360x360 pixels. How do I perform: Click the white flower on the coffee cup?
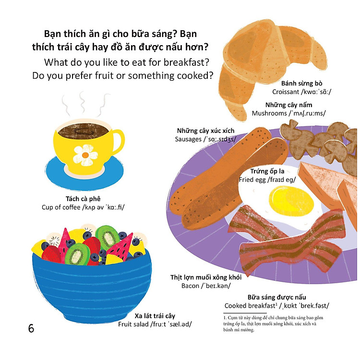tap(85, 155)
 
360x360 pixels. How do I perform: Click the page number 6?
tap(31, 328)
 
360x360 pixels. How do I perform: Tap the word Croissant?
tap(286, 92)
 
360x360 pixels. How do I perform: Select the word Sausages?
tap(188, 139)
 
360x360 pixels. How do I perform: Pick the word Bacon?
tap(190, 286)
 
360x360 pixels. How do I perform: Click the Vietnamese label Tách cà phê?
tap(83, 199)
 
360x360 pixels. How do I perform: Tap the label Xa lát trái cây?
tap(155, 316)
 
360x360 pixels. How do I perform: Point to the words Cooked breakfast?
tap(250, 306)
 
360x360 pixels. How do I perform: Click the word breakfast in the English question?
tap(186, 62)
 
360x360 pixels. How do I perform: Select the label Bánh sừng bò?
tap(302, 83)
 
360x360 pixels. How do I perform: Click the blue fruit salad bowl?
tap(92, 285)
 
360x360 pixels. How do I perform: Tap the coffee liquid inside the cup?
tap(83, 131)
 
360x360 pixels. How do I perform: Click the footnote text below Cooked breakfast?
tap(273, 324)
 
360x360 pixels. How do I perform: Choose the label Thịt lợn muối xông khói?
tap(206, 277)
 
